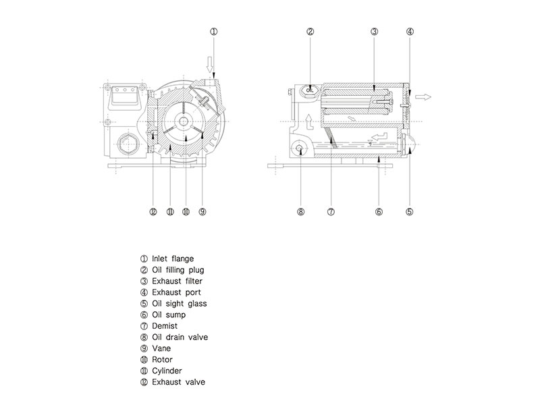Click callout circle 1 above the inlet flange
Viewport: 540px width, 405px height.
click(213, 31)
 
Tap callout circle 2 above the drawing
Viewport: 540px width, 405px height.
click(310, 31)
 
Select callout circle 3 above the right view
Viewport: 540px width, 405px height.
click(374, 31)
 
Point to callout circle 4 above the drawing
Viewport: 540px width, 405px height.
click(410, 31)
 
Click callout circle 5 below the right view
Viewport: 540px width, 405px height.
click(409, 211)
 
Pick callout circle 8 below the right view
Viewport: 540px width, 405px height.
click(301, 211)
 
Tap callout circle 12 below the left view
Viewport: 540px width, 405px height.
click(153, 211)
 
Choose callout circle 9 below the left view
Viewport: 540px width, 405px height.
click(202, 211)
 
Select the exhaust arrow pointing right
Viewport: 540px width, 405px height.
click(424, 97)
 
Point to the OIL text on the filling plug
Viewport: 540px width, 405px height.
click(310, 89)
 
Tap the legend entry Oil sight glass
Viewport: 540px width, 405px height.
click(180, 304)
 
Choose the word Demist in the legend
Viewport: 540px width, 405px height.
click(165, 326)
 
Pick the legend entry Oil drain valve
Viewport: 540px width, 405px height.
click(179, 337)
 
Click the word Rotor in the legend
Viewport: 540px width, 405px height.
click(163, 359)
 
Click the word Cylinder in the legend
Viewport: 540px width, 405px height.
click(167, 371)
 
